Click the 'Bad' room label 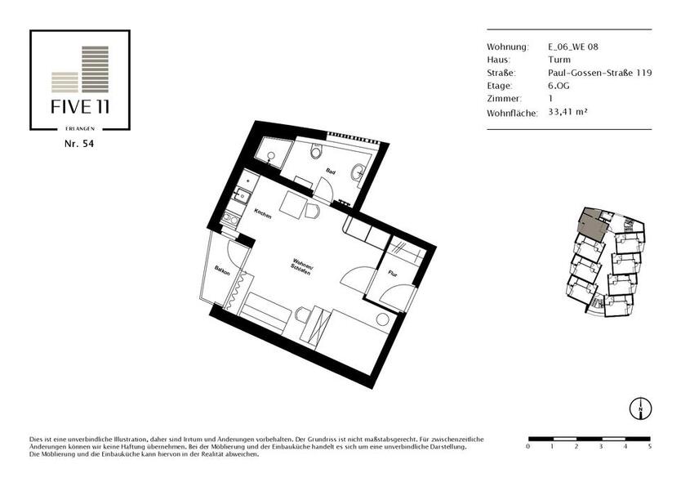coord(331,172)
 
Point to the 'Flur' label coord(392,274)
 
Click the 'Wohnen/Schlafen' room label coord(303,267)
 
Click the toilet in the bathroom coord(317,152)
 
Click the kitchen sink coord(243,195)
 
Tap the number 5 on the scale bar coord(650,448)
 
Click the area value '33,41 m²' coord(568,111)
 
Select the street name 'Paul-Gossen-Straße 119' coord(588,73)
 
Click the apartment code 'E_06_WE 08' coord(573,47)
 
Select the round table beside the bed coord(382,319)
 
